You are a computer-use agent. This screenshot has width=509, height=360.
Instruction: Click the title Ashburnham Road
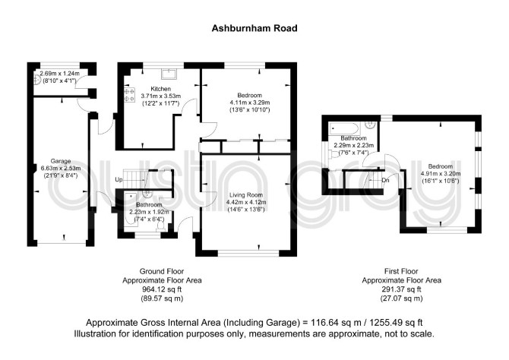click(254, 28)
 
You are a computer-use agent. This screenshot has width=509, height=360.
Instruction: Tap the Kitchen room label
click(161, 89)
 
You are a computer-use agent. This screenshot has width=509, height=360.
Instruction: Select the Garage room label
click(61, 161)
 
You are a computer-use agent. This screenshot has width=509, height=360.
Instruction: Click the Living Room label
click(246, 195)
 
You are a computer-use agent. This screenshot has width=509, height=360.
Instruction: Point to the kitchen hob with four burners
click(129, 95)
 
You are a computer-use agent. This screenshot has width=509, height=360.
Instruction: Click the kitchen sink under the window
click(169, 74)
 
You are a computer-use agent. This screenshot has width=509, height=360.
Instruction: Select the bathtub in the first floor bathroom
click(345, 129)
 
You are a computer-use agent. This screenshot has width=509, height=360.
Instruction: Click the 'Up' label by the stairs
click(119, 179)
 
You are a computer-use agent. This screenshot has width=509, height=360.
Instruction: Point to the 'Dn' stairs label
click(385, 180)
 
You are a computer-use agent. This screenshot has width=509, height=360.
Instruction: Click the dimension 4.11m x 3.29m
click(250, 103)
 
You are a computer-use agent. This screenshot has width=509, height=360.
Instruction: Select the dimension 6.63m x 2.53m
click(61, 168)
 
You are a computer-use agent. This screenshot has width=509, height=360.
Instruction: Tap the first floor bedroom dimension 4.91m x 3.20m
click(441, 174)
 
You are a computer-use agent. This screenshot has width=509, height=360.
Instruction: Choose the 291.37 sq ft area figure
click(402, 289)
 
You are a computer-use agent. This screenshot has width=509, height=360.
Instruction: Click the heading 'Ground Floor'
click(162, 271)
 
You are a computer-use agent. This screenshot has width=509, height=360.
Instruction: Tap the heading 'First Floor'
click(401, 271)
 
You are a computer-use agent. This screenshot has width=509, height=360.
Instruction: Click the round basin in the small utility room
click(37, 79)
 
